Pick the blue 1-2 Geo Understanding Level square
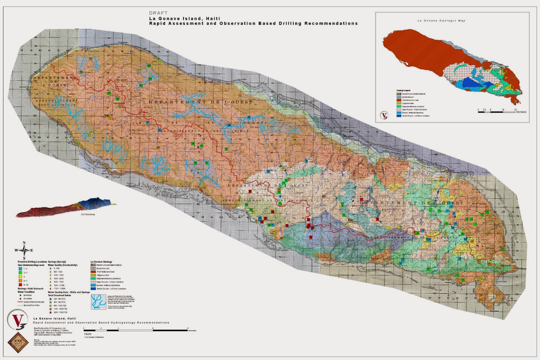tap(20, 269)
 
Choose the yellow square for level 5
tap(20, 277)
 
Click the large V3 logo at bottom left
tap(17, 321)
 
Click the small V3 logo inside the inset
tap(384, 114)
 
